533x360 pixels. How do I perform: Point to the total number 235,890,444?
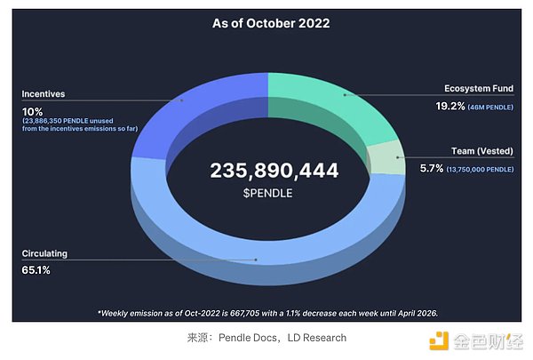point(266,171)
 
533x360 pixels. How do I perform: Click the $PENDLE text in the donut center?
point(266,193)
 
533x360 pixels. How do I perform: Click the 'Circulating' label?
point(44,253)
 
